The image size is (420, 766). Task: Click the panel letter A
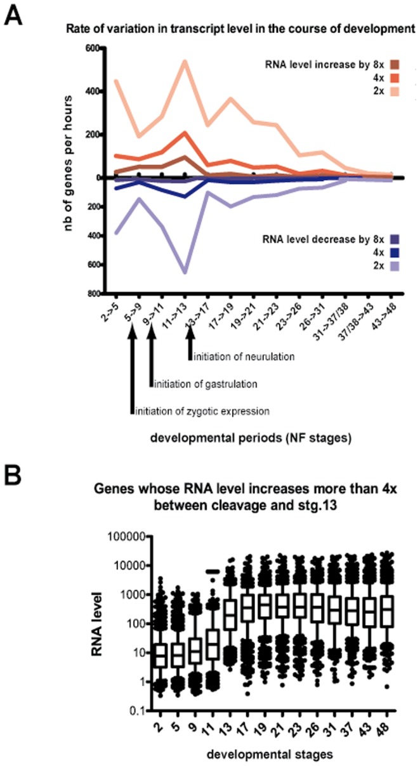(x=15, y=15)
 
